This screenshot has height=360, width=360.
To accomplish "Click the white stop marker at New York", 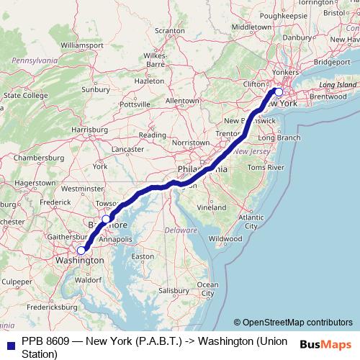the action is click(x=279, y=91).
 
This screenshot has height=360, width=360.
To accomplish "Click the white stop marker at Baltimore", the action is click(x=106, y=219).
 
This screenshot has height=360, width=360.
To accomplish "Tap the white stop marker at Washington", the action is click(x=81, y=251).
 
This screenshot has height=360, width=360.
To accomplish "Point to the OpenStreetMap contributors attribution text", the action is click(x=293, y=323).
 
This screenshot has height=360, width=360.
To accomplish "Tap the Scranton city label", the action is click(x=170, y=31).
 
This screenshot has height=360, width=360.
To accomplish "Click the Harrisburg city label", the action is click(x=89, y=130).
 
